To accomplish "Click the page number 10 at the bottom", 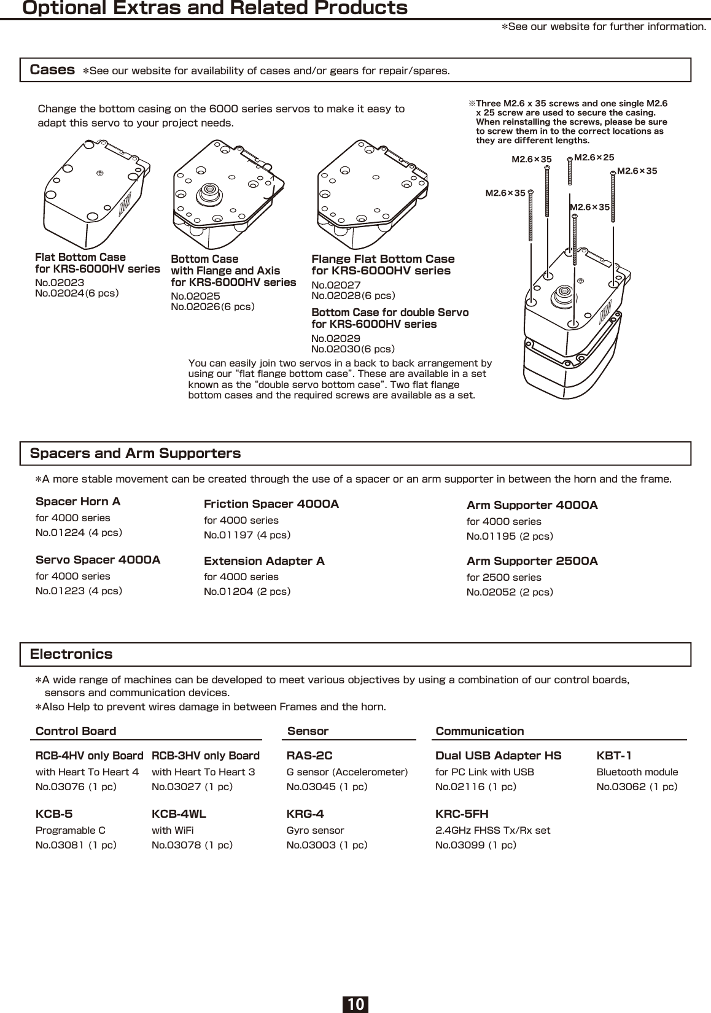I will pyautogui.click(x=355, y=1004).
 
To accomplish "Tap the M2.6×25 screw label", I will pyautogui.click(x=594, y=158).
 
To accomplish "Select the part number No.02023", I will pyautogui.click(x=60, y=282).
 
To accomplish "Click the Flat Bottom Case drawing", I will pyautogui.click(x=95, y=193).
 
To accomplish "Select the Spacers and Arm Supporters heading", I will pyautogui.click(x=135, y=454).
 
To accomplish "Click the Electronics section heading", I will pyautogui.click(x=71, y=654).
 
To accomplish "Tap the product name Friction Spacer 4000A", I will pyautogui.click(x=271, y=504).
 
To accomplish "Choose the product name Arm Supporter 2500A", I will pyautogui.click(x=532, y=561).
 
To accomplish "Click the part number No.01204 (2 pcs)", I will pyautogui.click(x=247, y=591).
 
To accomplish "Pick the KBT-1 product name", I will pyautogui.click(x=614, y=755).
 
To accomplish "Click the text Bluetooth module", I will pyautogui.click(x=637, y=772).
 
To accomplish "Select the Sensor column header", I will pyautogui.click(x=308, y=731).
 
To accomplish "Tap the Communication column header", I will pyautogui.click(x=480, y=731).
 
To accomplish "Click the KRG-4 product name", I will pyautogui.click(x=305, y=814).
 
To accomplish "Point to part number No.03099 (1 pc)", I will pyautogui.click(x=475, y=845).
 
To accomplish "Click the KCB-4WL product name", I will pyautogui.click(x=179, y=814).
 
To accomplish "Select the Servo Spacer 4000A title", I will pyautogui.click(x=98, y=560).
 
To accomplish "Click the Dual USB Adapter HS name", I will pyautogui.click(x=498, y=755).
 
